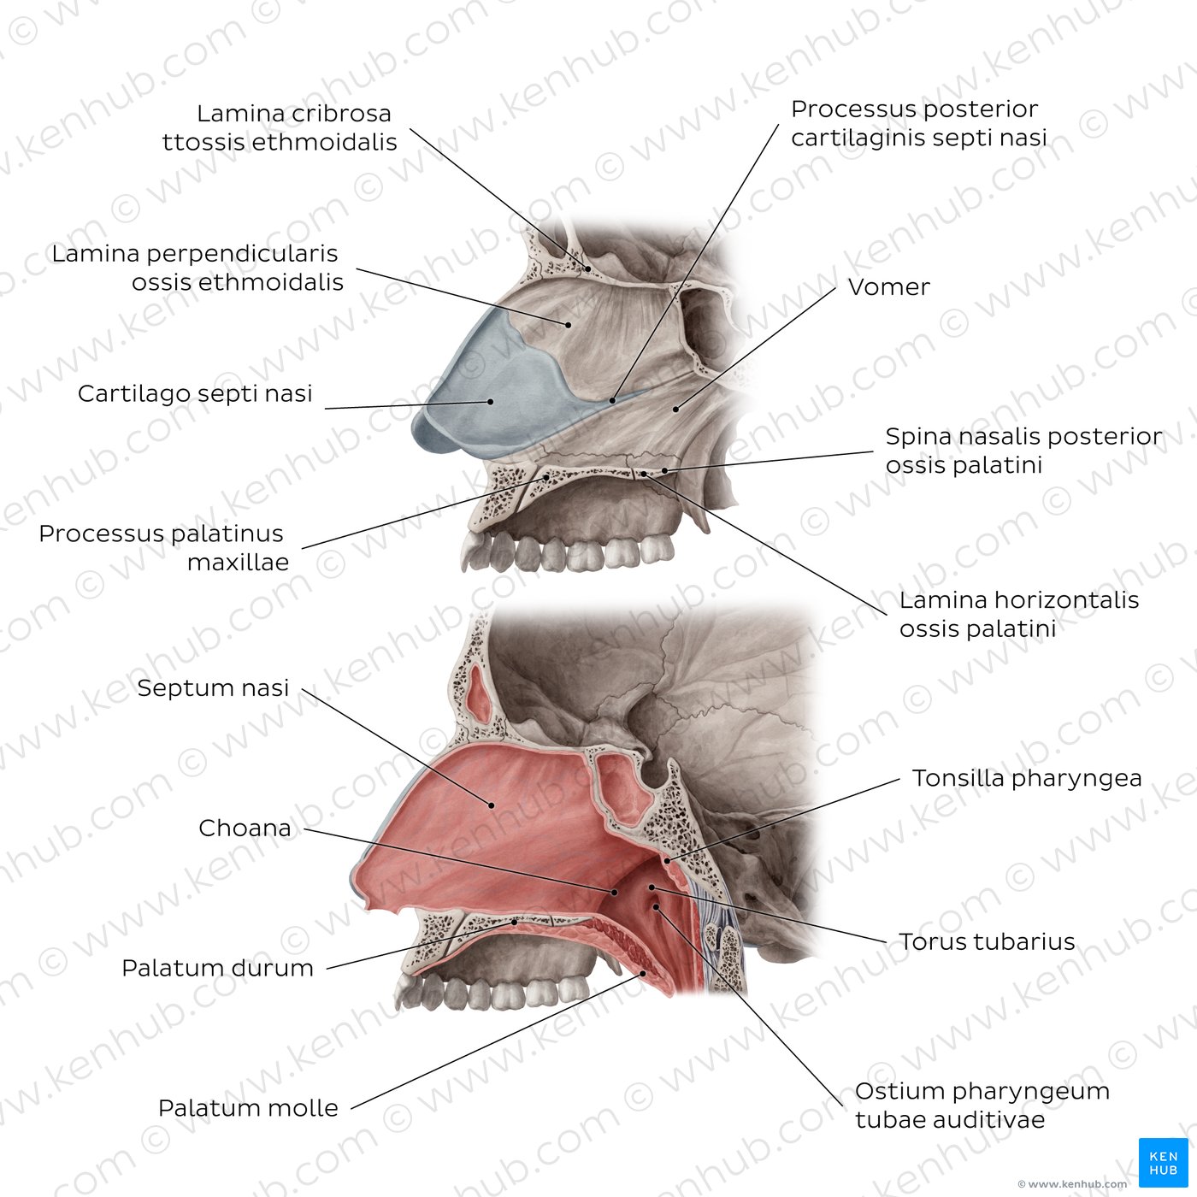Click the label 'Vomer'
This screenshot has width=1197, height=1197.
[889, 287]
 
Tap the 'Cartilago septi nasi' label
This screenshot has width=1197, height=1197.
[194, 394]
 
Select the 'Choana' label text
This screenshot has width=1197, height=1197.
[245, 828]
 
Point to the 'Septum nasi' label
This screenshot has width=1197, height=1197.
[213, 688]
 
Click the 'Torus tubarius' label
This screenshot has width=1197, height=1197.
[987, 941]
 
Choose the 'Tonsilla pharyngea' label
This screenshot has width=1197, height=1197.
[1027, 778]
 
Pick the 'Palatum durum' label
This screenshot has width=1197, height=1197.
[217, 968]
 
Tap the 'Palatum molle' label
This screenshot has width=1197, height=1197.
[248, 1107]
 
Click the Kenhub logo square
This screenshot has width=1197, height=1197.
[1164, 1162]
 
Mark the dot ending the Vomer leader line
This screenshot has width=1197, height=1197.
[675, 410]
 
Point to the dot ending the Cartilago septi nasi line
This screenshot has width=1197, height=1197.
[490, 402]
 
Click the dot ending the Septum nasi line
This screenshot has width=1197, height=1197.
[492, 805]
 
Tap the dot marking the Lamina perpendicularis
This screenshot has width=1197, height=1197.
[569, 325]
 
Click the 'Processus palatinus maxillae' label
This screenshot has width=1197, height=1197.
[164, 548]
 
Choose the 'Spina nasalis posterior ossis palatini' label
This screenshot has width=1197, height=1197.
[1023, 451]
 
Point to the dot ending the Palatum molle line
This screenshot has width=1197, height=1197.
[643, 973]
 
